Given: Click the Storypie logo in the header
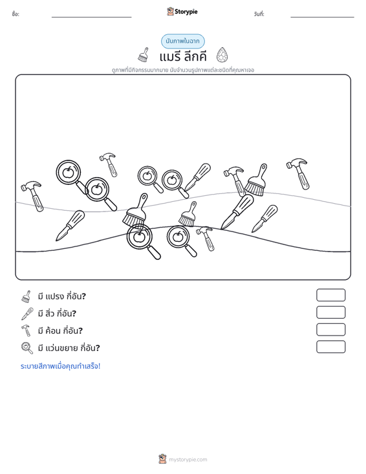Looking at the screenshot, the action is click(182, 12).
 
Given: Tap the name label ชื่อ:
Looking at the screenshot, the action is click(16, 14).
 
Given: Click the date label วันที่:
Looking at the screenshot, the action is click(259, 14).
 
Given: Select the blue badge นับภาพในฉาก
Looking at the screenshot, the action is click(182, 41).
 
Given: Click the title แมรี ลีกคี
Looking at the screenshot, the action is click(183, 56).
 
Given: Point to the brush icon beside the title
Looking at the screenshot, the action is click(144, 55).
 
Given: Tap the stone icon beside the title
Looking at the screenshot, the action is click(222, 55).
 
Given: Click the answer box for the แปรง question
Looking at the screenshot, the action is click(330, 295).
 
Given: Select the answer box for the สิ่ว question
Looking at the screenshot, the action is click(330, 312).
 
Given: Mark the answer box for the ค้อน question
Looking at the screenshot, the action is click(330, 330).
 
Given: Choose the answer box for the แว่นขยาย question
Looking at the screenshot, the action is click(330, 347).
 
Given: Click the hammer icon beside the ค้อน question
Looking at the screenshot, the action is click(26, 330).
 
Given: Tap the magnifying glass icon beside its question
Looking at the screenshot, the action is click(27, 348).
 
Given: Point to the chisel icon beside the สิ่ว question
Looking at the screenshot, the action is click(27, 314).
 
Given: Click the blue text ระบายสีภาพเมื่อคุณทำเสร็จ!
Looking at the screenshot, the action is click(60, 366).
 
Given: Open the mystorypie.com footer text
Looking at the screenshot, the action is click(188, 460).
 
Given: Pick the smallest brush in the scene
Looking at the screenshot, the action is click(188, 214).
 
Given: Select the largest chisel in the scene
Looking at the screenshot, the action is click(237, 211).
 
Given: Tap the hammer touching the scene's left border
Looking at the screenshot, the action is click(32, 196).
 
